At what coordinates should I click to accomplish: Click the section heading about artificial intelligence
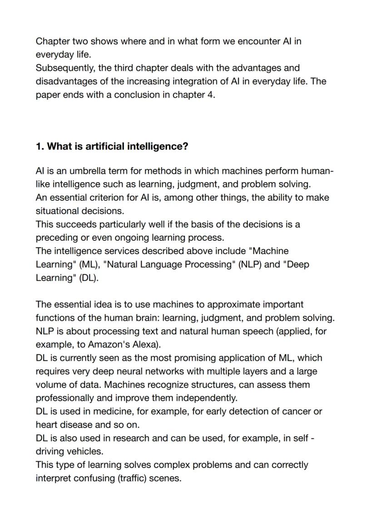pyautogui.click(x=112, y=146)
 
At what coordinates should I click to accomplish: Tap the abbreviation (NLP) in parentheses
pyautogui.click(x=247, y=265)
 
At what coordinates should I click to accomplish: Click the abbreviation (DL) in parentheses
pyautogui.click(x=89, y=278)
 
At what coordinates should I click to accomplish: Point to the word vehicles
pyautogui.click(x=86, y=452)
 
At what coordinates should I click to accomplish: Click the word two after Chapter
pyautogui.click(x=79, y=41)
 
